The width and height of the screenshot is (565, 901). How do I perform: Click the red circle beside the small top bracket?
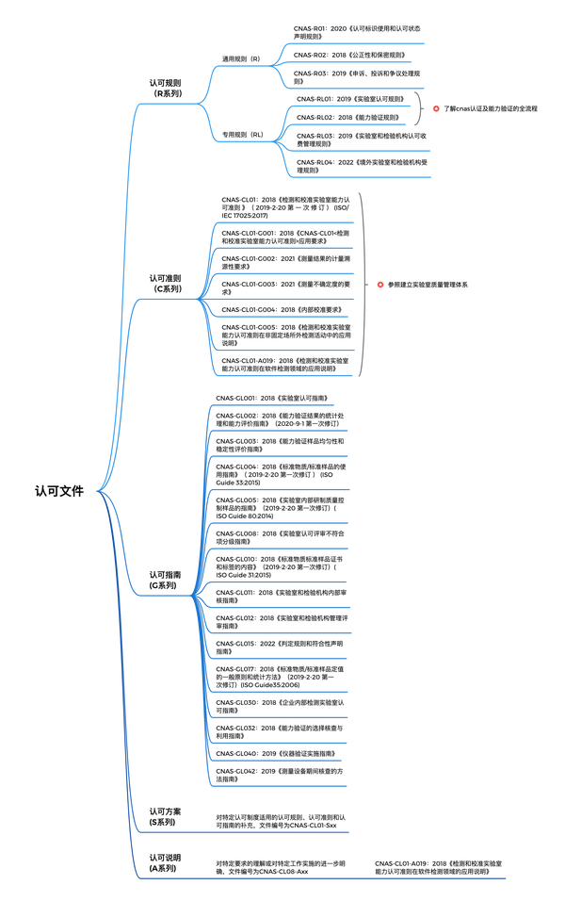(436, 108)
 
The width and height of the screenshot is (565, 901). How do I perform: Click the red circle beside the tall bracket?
(380, 284)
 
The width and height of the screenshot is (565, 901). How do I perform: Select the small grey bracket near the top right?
(419, 108)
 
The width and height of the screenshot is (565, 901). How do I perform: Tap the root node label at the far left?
(59, 490)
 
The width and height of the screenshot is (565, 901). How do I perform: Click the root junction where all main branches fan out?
(98, 491)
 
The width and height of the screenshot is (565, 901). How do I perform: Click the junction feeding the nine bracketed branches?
(200, 300)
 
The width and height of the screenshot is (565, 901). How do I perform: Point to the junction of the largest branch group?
(193, 596)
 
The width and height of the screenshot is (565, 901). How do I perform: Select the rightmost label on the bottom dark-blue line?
(438, 865)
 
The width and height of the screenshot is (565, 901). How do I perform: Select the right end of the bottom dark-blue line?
(506, 878)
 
